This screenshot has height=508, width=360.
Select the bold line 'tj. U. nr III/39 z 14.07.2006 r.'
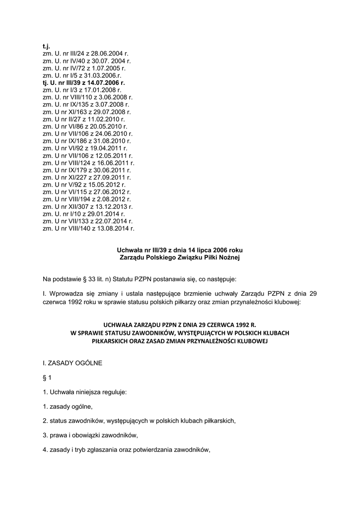click(84, 82)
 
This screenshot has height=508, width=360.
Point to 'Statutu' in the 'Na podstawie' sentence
click(118, 279)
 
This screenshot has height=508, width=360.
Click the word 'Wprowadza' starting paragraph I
click(65, 294)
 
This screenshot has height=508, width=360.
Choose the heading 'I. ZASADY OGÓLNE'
click(72, 363)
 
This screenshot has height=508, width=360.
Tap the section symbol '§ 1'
click(48, 378)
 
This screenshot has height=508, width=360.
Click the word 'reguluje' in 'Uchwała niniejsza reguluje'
click(114, 392)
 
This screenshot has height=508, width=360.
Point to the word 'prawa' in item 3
click(58, 436)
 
